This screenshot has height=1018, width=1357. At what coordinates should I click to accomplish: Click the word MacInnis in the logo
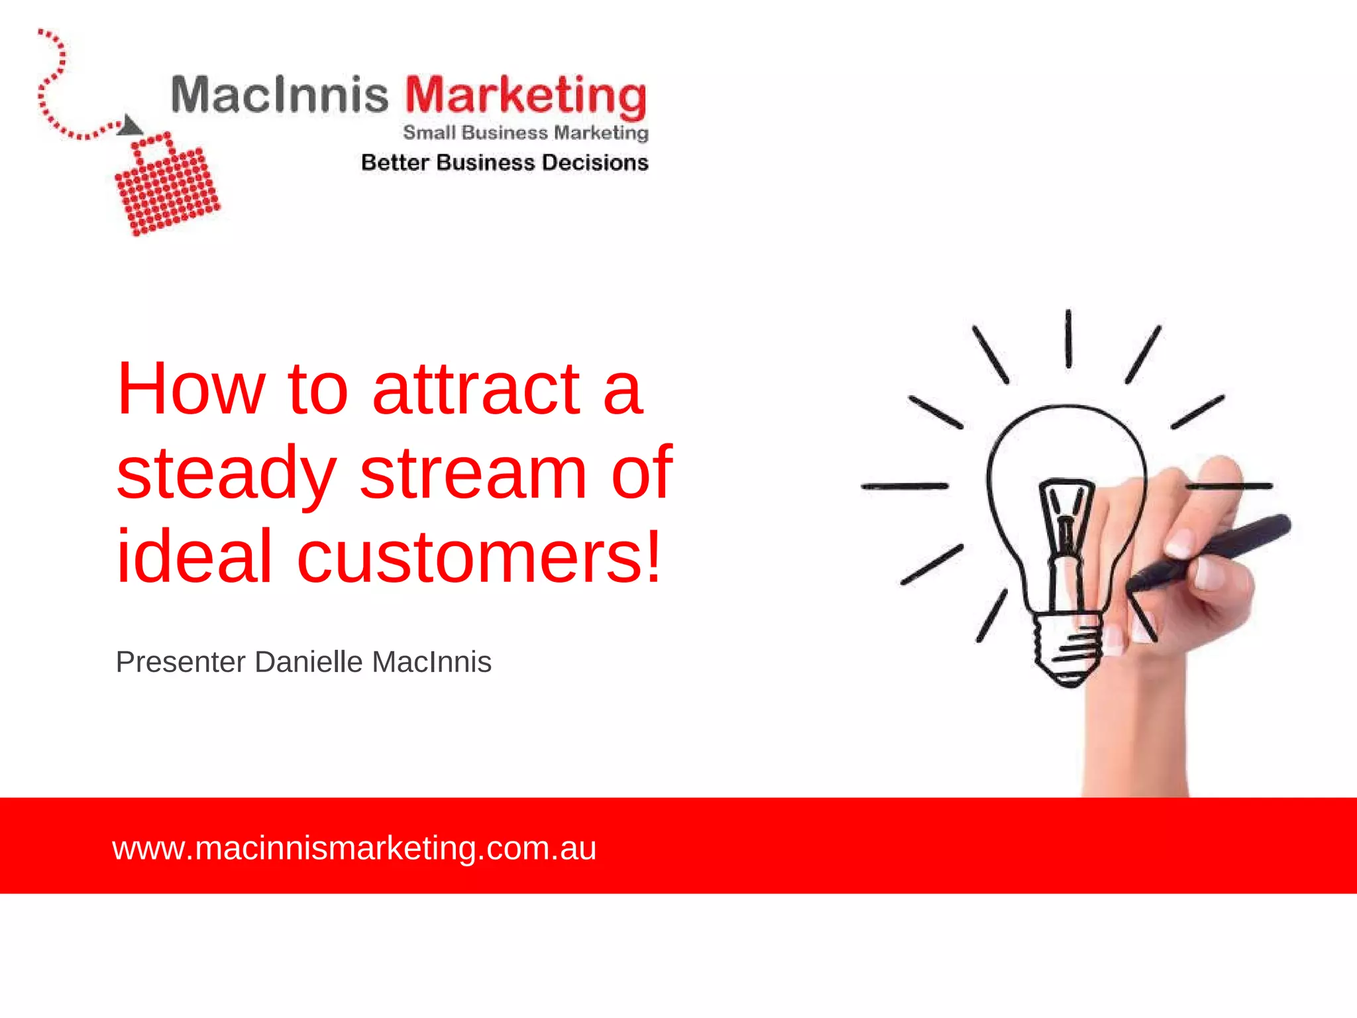(x=279, y=95)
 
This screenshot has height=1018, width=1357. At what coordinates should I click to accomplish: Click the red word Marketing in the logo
(x=525, y=97)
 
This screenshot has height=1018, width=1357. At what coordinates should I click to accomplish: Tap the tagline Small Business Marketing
(x=525, y=133)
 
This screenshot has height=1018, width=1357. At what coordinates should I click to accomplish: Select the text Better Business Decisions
(x=504, y=162)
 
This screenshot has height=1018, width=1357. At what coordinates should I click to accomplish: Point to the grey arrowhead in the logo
(x=130, y=125)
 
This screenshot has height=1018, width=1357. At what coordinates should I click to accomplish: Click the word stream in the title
(x=473, y=473)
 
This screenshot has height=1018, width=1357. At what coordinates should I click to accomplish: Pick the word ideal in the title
(x=194, y=556)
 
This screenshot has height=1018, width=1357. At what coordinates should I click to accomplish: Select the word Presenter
(x=181, y=662)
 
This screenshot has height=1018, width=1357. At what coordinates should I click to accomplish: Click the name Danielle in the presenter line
(x=309, y=662)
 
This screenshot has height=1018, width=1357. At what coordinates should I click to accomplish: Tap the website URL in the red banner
(x=354, y=848)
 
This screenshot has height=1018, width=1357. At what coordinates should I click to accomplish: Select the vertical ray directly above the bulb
(x=1068, y=339)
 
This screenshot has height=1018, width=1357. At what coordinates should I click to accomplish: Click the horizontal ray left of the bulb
(x=904, y=486)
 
